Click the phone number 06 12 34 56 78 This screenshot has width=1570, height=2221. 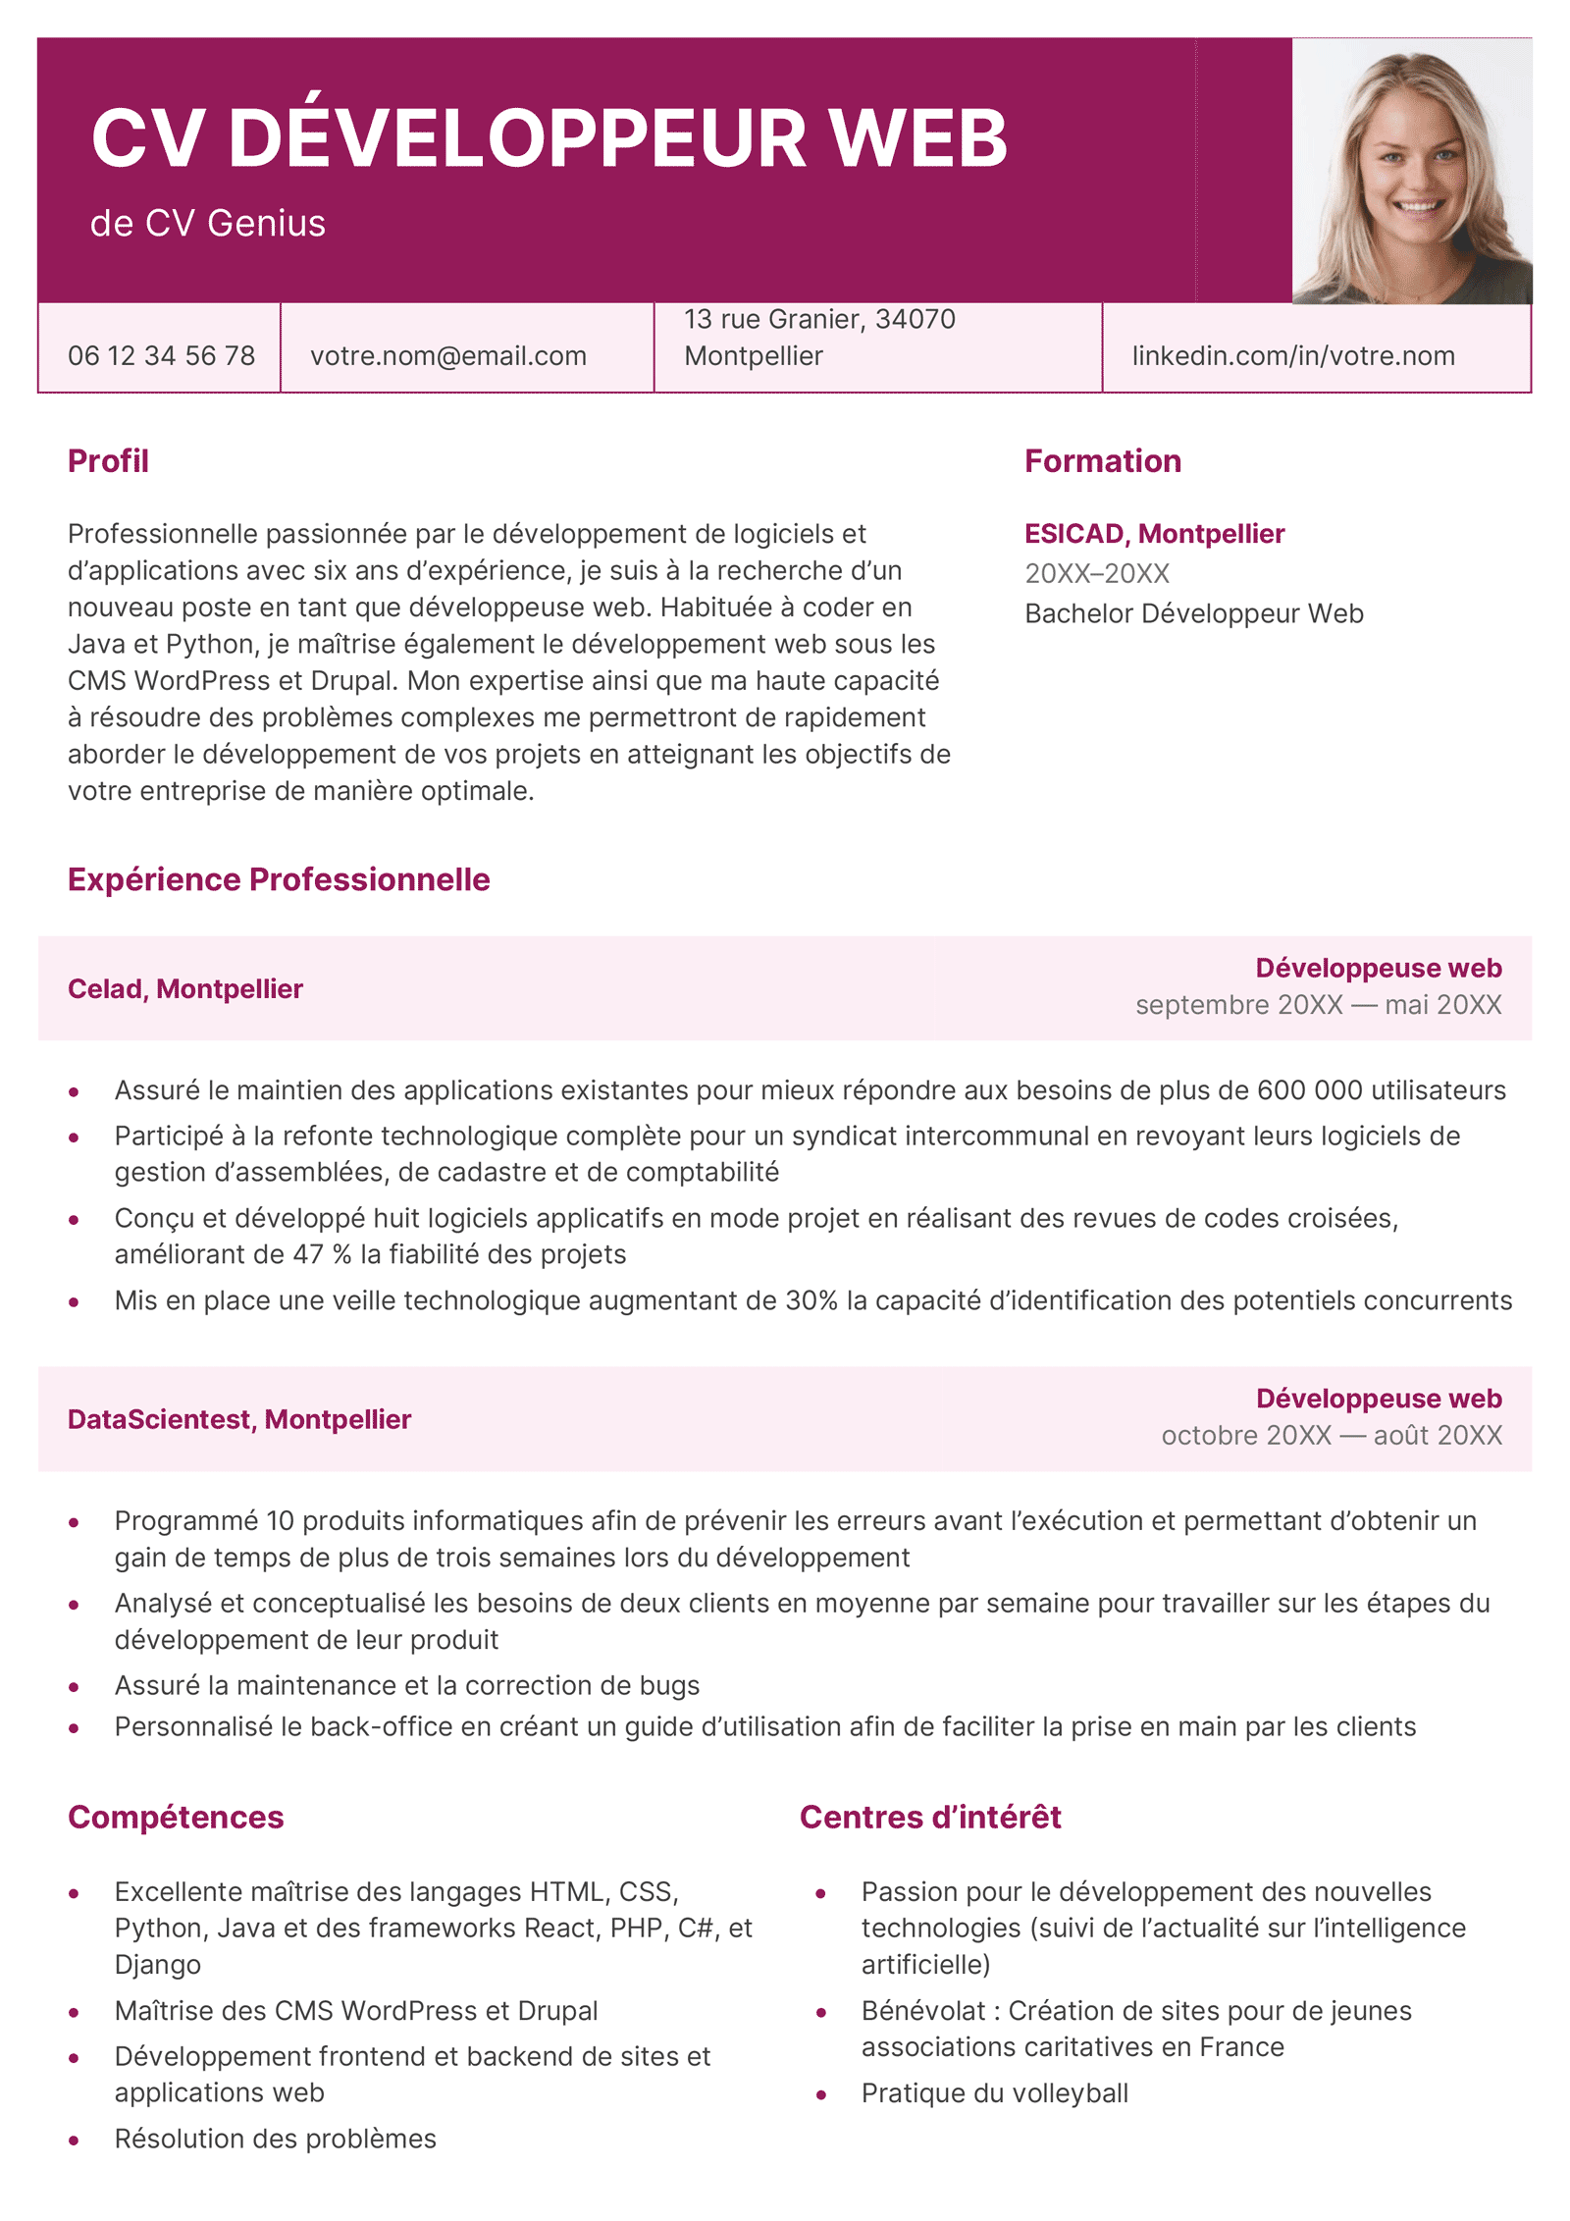tap(161, 355)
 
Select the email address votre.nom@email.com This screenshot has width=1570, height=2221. tap(448, 355)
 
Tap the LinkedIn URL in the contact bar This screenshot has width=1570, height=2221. tap(1292, 355)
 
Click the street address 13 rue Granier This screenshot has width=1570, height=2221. tap(819, 319)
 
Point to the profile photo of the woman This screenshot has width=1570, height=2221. tap(1412, 172)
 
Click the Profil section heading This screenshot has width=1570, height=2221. tap(108, 461)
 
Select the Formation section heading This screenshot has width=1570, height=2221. tap(1102, 461)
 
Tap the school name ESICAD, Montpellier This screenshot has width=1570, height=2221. tap(1154, 534)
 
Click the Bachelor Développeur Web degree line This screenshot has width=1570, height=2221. tap(1193, 613)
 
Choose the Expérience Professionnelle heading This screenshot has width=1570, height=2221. tap(279, 879)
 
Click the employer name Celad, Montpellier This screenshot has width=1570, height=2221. tap(185, 988)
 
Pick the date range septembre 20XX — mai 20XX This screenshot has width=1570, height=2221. tap(1318, 1005)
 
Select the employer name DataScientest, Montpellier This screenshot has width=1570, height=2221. tap(239, 1419)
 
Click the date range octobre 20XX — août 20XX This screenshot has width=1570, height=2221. tap(1331, 1436)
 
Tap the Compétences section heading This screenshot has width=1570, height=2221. tap(176, 1817)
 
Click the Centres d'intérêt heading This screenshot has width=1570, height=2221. tap(929, 1817)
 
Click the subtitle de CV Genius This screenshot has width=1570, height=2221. tap(208, 224)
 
